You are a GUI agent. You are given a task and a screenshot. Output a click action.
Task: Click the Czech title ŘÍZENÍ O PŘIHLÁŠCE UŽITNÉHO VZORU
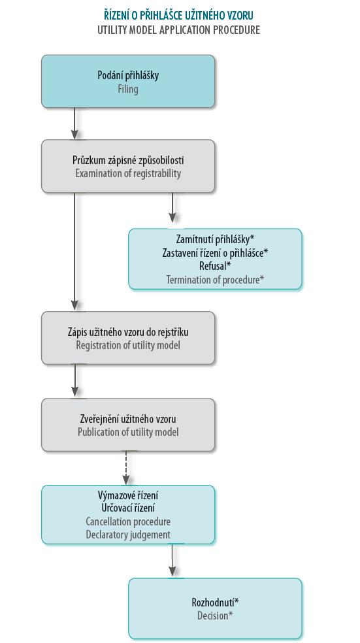[x=178, y=16]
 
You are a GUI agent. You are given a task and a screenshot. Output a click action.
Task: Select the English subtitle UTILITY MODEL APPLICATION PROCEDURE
[x=178, y=30]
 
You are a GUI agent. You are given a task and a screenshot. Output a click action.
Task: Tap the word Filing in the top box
[x=128, y=90]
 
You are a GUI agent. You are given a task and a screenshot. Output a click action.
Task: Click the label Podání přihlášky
[x=128, y=75]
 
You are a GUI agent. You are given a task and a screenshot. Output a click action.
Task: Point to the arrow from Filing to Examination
[x=74, y=124]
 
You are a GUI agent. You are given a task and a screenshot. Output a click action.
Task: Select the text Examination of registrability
[x=128, y=173]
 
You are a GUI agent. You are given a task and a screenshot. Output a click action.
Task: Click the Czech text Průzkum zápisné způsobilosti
[x=128, y=160]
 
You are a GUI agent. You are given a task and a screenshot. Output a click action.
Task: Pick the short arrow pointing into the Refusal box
[x=172, y=208]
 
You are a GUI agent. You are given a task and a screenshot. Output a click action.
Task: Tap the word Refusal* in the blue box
[x=215, y=266]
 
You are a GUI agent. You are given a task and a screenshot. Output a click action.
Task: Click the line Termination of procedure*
[x=215, y=280]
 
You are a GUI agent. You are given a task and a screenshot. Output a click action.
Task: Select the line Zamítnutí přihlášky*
[x=215, y=239]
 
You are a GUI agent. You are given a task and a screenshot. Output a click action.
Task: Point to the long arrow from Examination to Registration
[x=74, y=252]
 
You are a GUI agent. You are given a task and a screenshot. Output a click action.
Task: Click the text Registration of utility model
[x=128, y=345]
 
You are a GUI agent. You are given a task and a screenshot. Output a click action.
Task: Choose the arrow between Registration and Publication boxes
[x=74, y=380]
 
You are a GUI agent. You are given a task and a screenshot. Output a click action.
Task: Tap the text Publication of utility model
[x=128, y=432]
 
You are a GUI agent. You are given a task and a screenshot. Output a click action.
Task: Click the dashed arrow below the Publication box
[x=126, y=468]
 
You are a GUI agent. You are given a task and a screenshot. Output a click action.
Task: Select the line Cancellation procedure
[x=128, y=521]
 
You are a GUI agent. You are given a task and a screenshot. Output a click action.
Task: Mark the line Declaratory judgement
[x=128, y=535]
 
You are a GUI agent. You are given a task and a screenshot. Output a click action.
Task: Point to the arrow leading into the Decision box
[x=172, y=560]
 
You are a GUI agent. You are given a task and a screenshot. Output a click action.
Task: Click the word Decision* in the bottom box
[x=215, y=616]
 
